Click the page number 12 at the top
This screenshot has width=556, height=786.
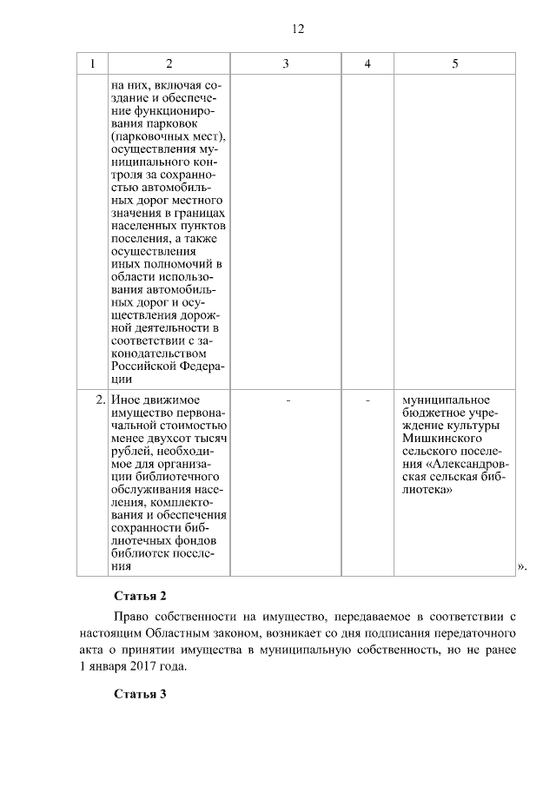click(x=297, y=29)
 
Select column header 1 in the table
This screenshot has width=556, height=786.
click(x=92, y=64)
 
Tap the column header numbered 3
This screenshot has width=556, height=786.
click(x=286, y=64)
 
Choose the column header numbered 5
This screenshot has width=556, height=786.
click(x=455, y=64)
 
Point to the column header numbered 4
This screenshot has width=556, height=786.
click(x=367, y=64)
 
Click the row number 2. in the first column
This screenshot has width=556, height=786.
click(x=100, y=400)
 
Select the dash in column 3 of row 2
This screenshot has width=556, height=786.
click(x=286, y=400)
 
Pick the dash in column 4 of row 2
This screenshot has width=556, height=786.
click(x=367, y=400)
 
